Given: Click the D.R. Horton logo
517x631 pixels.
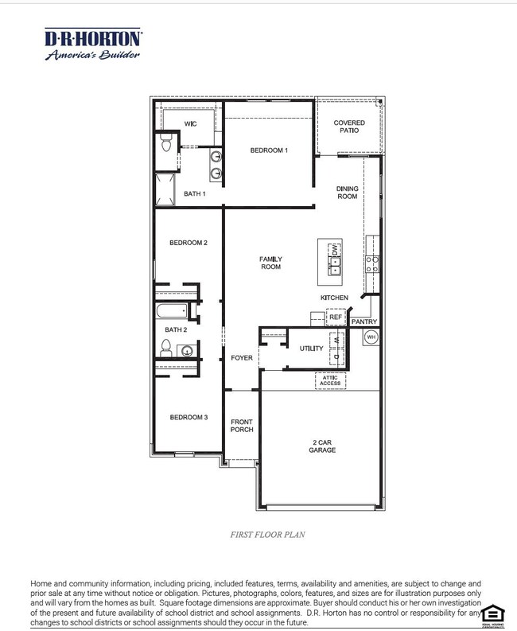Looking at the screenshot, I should [93, 45].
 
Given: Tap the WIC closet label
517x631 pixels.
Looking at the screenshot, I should [190, 124].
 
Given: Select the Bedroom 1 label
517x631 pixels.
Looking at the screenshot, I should [269, 150].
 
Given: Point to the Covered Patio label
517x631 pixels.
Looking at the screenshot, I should [349, 127].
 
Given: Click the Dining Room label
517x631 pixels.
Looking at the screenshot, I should [348, 193].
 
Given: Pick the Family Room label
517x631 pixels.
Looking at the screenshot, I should [270, 263].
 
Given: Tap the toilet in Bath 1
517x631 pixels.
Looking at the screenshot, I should [166, 144].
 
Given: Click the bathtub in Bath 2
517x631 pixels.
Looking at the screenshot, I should [172, 311].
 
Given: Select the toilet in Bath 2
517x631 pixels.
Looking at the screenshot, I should [166, 348].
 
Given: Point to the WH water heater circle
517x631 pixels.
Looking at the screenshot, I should [371, 337].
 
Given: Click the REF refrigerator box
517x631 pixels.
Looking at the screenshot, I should [335, 317].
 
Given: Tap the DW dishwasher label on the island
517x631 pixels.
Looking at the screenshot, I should [336, 248].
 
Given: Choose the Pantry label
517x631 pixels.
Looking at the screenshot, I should [364, 321].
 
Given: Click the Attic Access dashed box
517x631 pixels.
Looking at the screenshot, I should [330, 381].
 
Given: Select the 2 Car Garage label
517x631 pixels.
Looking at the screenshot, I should [323, 446].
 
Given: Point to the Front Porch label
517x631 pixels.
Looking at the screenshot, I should [242, 426].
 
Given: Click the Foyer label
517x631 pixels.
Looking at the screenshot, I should [242, 358].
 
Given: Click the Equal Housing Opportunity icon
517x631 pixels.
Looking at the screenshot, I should [493, 613].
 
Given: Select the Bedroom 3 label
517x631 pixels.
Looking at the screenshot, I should [189, 417].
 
